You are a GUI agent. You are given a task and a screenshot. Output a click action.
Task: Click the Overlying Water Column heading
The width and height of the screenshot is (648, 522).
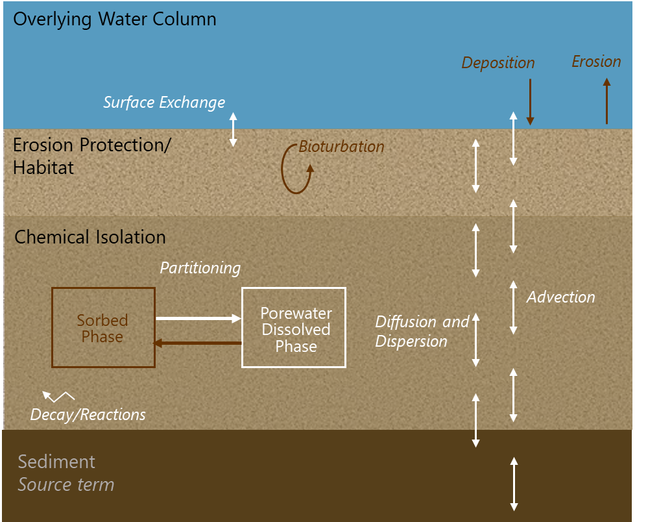(115, 19)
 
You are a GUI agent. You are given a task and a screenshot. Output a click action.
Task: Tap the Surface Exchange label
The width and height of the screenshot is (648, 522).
(164, 103)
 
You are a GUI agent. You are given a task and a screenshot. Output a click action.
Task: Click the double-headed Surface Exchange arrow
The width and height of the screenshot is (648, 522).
(233, 129)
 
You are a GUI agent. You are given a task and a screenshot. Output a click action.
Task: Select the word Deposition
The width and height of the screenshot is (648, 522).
(498, 63)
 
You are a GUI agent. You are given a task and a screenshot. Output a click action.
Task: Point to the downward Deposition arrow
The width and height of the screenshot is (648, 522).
(530, 102)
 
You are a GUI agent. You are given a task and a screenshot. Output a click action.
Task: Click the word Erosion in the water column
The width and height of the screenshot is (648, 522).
(596, 62)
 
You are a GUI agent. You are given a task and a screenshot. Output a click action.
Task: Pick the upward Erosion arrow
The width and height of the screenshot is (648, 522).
(606, 101)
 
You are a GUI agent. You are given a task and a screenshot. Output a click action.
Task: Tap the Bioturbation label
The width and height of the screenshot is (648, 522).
(341, 147)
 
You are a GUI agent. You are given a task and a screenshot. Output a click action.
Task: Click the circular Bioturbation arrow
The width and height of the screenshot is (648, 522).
(282, 169)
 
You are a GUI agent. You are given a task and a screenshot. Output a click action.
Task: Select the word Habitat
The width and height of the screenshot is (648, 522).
(43, 168)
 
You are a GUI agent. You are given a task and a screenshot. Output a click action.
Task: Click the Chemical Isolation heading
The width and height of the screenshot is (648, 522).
(90, 238)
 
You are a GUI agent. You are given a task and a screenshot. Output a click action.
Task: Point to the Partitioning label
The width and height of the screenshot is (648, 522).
(200, 268)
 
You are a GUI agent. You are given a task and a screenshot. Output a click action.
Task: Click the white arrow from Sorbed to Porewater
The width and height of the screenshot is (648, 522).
(198, 319)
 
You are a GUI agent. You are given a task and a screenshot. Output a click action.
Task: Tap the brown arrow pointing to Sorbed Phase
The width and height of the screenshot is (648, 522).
(198, 343)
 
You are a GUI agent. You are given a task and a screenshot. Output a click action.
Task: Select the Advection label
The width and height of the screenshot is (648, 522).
(561, 297)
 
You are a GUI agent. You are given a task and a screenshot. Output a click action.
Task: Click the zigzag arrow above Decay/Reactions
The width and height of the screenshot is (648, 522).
(58, 397)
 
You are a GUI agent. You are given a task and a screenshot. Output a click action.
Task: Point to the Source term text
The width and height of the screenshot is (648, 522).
(66, 485)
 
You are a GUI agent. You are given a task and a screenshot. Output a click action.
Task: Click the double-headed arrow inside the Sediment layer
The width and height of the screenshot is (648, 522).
(514, 484)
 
